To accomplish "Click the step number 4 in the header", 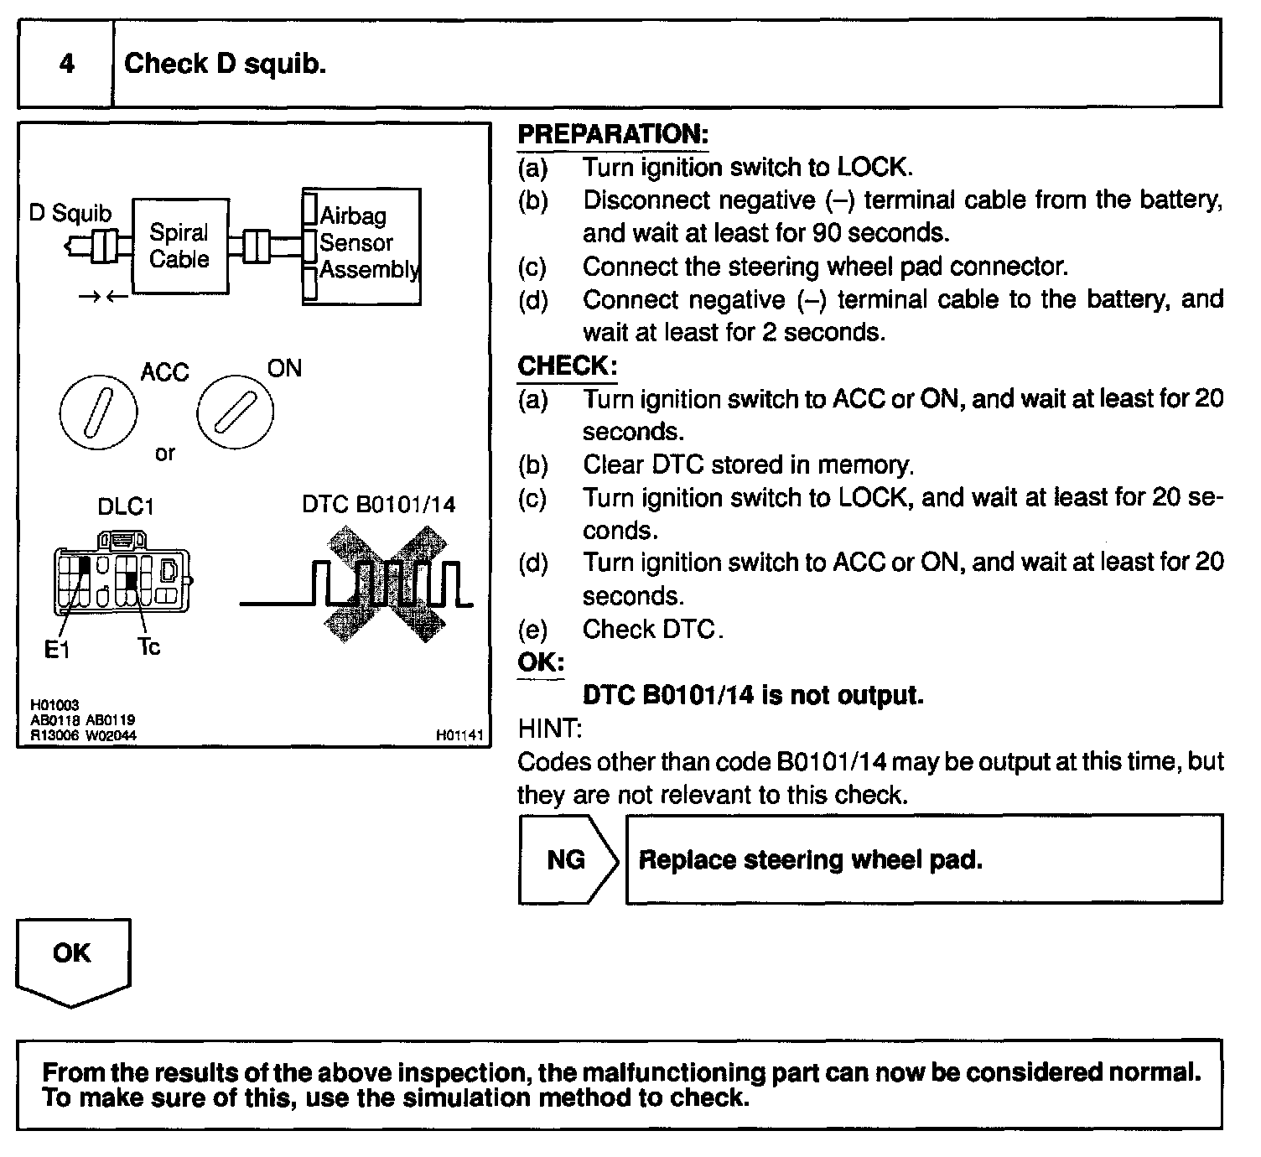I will [66, 64].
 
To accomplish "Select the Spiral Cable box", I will [179, 246].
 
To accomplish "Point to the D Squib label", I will [70, 213].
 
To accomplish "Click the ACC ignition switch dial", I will [99, 412].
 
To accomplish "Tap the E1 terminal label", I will [57, 649].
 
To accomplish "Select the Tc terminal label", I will [148, 646].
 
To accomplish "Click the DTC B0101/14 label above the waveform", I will [379, 504].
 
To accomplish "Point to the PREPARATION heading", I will [613, 134].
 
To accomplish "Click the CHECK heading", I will [567, 366].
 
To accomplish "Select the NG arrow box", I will [567, 859].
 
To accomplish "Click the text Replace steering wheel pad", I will [810, 859].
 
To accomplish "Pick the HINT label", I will [549, 729].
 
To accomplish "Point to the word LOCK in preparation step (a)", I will [872, 167].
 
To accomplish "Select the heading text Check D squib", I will [225, 64].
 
